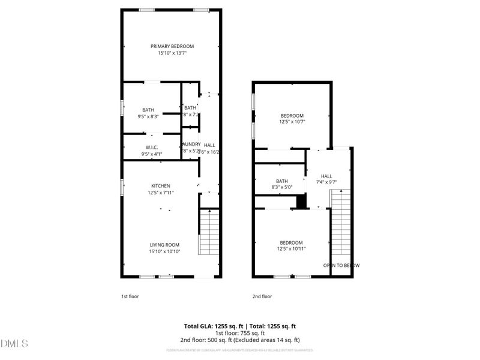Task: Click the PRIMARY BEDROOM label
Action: pyautogui.click(x=172, y=46)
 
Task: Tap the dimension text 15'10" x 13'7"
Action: pyautogui.click(x=172, y=53)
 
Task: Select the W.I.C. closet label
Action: pyautogui.click(x=151, y=147)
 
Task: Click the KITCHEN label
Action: pyautogui.click(x=160, y=186)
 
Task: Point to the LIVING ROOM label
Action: pyautogui.click(x=164, y=244)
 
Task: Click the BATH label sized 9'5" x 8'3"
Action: pyautogui.click(x=148, y=110)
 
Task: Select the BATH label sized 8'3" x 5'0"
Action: pyautogui.click(x=282, y=181)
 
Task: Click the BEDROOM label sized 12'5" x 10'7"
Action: pyautogui.click(x=292, y=115)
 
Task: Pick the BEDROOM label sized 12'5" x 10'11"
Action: pyautogui.click(x=292, y=242)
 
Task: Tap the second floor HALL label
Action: pyautogui.click(x=326, y=176)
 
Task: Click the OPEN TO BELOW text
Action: pyautogui.click(x=341, y=265)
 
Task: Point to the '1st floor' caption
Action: pyautogui.click(x=130, y=296)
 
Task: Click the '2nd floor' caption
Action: pyautogui.click(x=262, y=296)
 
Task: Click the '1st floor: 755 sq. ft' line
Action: pyautogui.click(x=240, y=333)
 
